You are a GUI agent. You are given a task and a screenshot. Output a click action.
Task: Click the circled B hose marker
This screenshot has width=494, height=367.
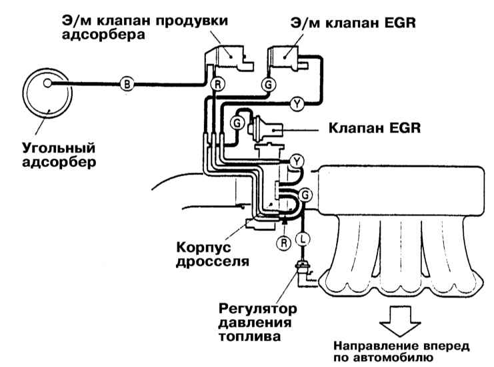tap(127, 84)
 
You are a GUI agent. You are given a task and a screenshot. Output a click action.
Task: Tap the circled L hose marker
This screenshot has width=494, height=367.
tap(303, 239)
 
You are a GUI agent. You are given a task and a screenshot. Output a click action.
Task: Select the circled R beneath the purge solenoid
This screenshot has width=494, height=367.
tap(217, 84)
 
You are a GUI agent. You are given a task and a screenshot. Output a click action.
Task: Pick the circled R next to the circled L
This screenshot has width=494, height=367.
tap(284, 243)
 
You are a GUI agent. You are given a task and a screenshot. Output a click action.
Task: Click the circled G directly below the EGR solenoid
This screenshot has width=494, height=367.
tap(269, 85)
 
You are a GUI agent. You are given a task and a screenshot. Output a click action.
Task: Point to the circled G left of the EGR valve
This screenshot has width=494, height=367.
tap(237, 123)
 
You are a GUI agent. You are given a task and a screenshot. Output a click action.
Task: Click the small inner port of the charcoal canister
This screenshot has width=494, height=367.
tap(47, 83)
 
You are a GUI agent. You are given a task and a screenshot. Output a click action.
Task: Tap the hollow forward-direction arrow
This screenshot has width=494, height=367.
tap(400, 321)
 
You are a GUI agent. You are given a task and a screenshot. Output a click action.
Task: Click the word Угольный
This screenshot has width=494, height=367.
tap(59, 148)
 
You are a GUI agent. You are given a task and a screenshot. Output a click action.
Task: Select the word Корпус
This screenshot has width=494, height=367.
tap(203, 247)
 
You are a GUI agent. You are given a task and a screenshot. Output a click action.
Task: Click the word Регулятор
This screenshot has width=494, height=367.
tap(258, 309)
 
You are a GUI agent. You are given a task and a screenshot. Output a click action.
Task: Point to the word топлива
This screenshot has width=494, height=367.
tap(249, 336)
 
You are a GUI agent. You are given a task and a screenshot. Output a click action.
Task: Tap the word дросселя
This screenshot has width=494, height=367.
tap(213, 262)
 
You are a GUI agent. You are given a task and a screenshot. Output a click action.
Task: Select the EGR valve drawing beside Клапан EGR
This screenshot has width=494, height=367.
tap(265, 129)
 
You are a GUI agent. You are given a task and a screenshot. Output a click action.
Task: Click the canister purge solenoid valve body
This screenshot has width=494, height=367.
tap(229, 58)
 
